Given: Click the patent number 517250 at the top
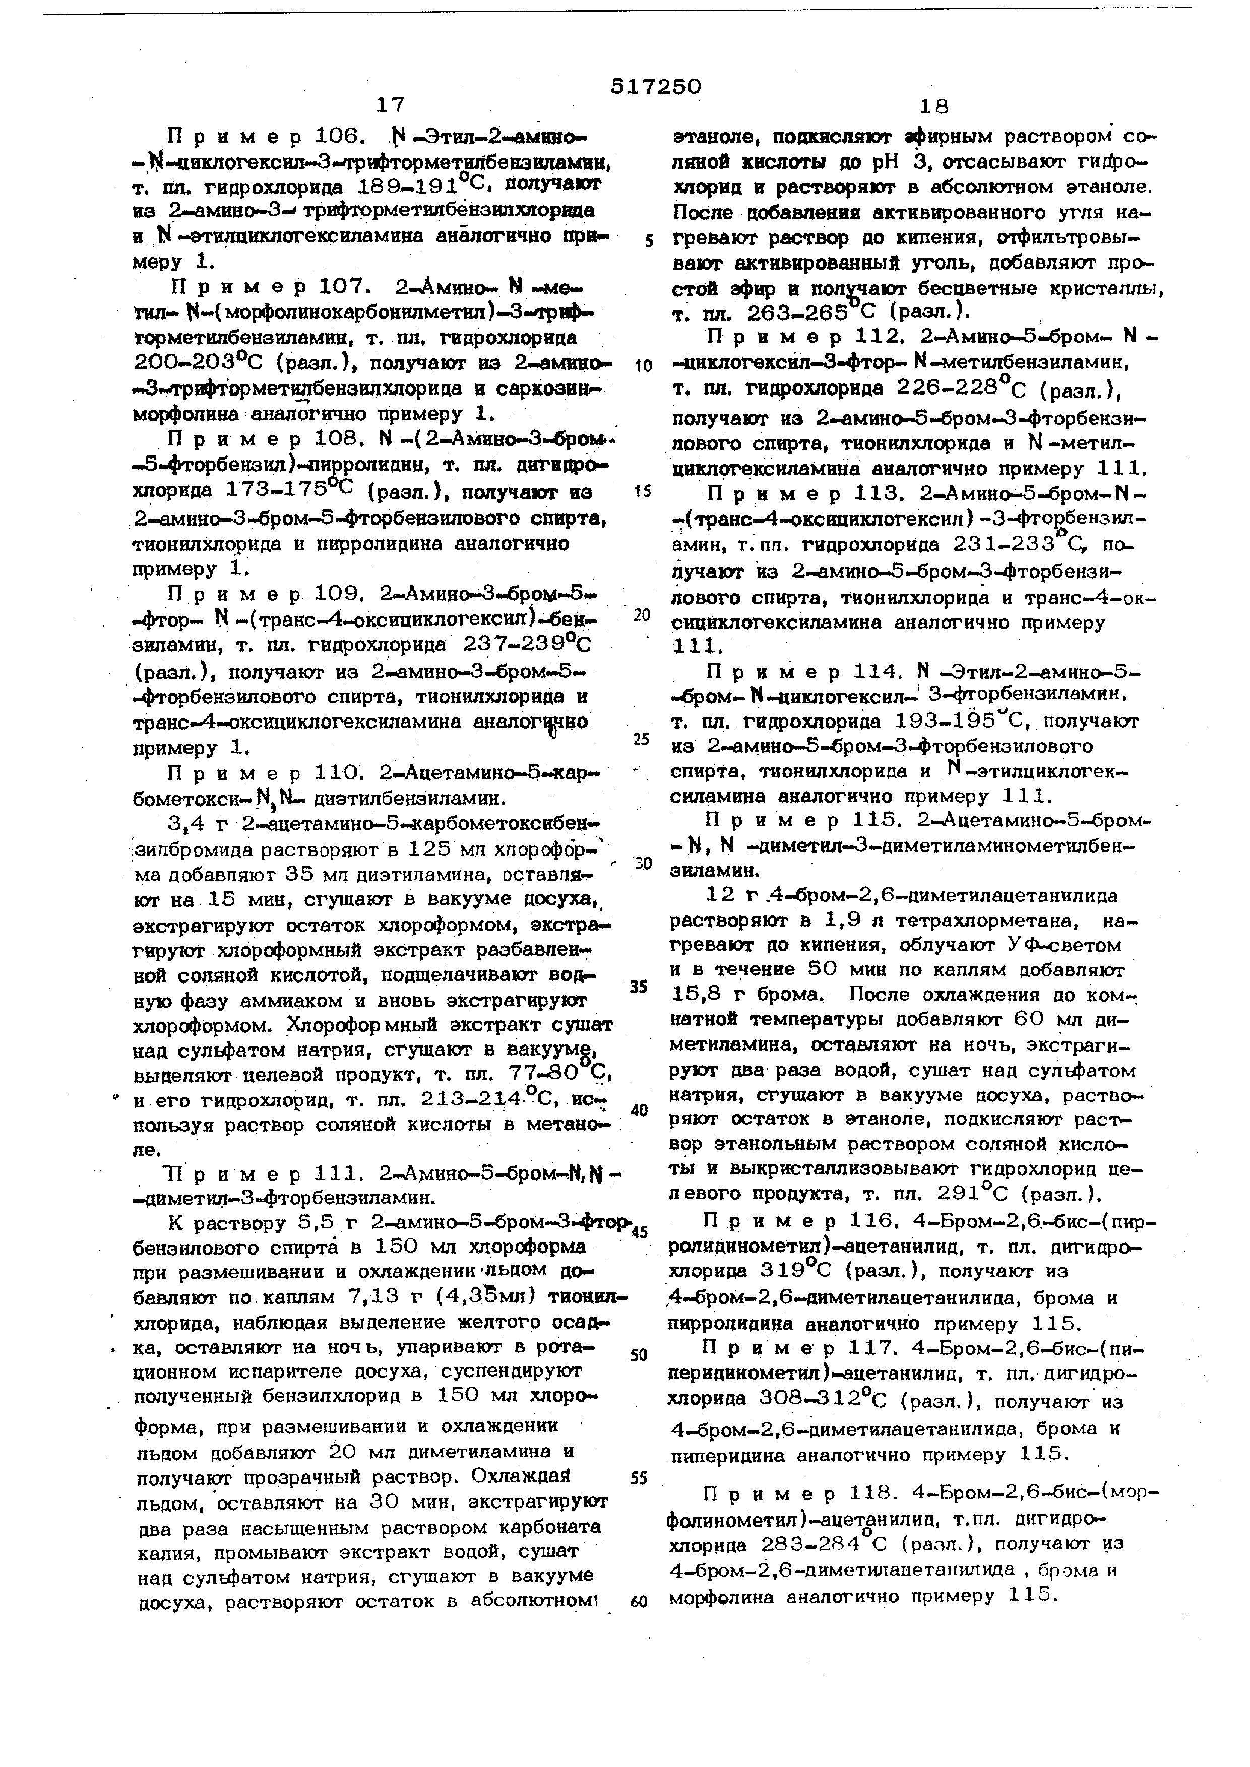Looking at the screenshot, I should click(656, 87).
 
